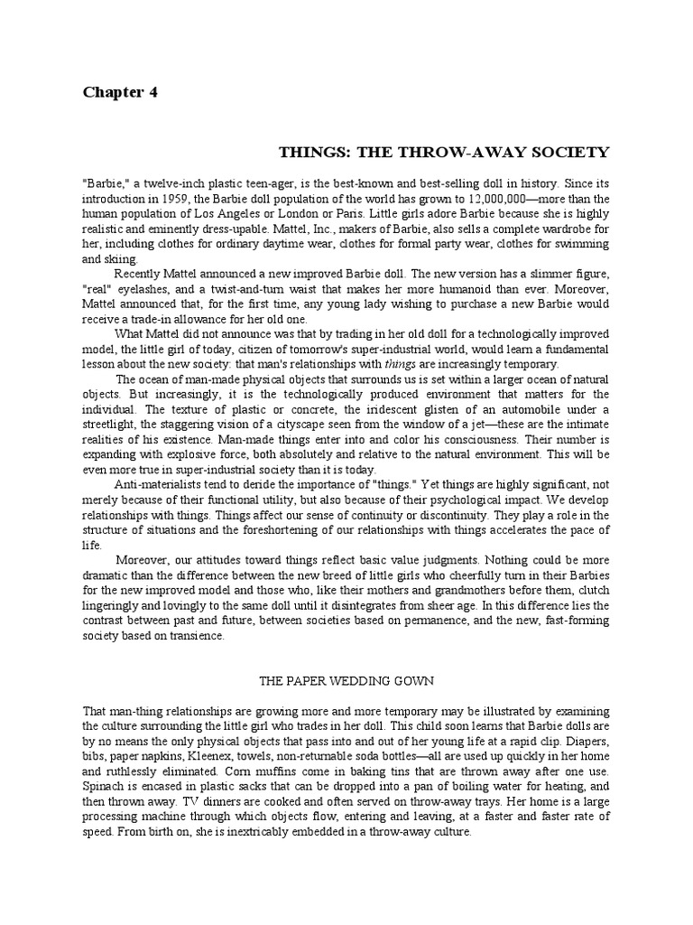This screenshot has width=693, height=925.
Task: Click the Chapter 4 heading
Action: pyautogui.click(x=120, y=92)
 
